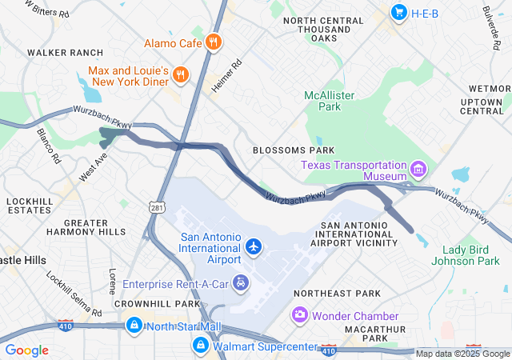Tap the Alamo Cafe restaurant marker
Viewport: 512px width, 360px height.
pos(213,42)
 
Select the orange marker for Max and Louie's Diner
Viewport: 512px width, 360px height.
pos(182,76)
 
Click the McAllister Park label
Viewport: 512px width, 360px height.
pos(323,101)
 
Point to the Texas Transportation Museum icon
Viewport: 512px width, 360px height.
pos(418,170)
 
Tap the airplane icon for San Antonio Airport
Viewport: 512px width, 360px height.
pos(254,246)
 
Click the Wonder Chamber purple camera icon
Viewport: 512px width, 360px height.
pos(299,314)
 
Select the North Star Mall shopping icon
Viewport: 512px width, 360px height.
pos(134,326)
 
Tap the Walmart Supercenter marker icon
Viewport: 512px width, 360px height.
pos(200,345)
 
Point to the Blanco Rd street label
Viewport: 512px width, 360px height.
pos(48,145)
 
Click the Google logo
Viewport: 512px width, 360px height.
pos(26,350)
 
